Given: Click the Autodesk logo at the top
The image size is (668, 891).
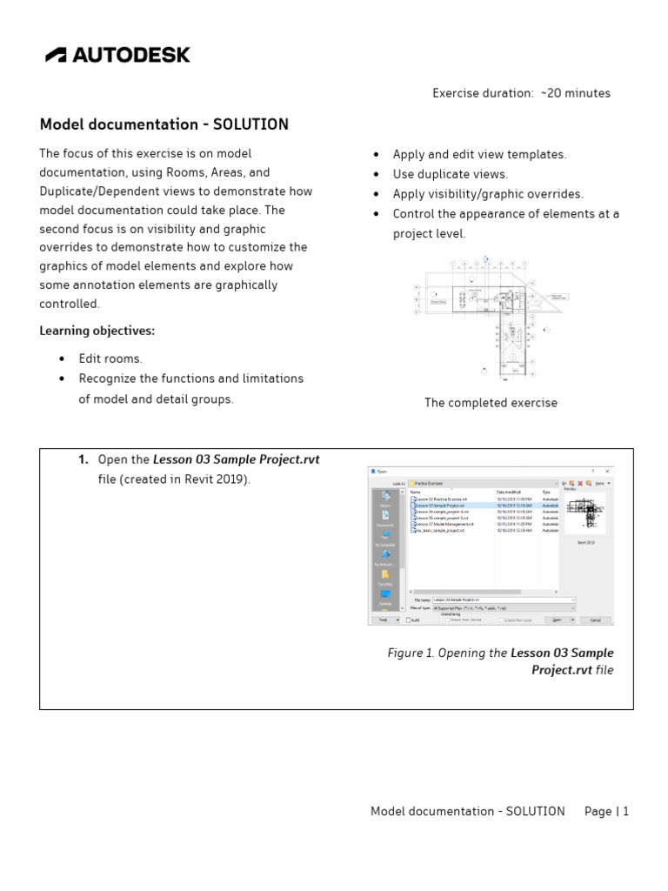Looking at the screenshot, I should click(117, 55).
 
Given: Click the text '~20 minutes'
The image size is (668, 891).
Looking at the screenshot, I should click(575, 93).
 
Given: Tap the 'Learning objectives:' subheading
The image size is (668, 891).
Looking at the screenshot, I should click(97, 331).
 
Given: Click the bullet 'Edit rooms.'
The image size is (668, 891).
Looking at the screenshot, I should click(110, 358).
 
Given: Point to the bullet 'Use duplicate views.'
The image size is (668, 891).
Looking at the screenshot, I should click(450, 174).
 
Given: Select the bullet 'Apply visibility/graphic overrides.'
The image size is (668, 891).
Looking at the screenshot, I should click(488, 194).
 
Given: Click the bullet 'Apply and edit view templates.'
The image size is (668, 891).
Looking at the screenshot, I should click(479, 154).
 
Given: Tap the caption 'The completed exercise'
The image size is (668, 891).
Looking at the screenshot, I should click(491, 403).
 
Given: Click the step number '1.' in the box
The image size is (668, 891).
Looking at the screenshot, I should click(83, 459).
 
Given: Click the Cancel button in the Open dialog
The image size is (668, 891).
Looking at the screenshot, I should click(595, 620).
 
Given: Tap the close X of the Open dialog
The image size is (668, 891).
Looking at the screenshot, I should click(605, 471).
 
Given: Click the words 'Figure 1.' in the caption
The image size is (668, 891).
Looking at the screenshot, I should click(411, 653).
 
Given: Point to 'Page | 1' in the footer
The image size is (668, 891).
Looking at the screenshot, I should click(606, 811).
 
